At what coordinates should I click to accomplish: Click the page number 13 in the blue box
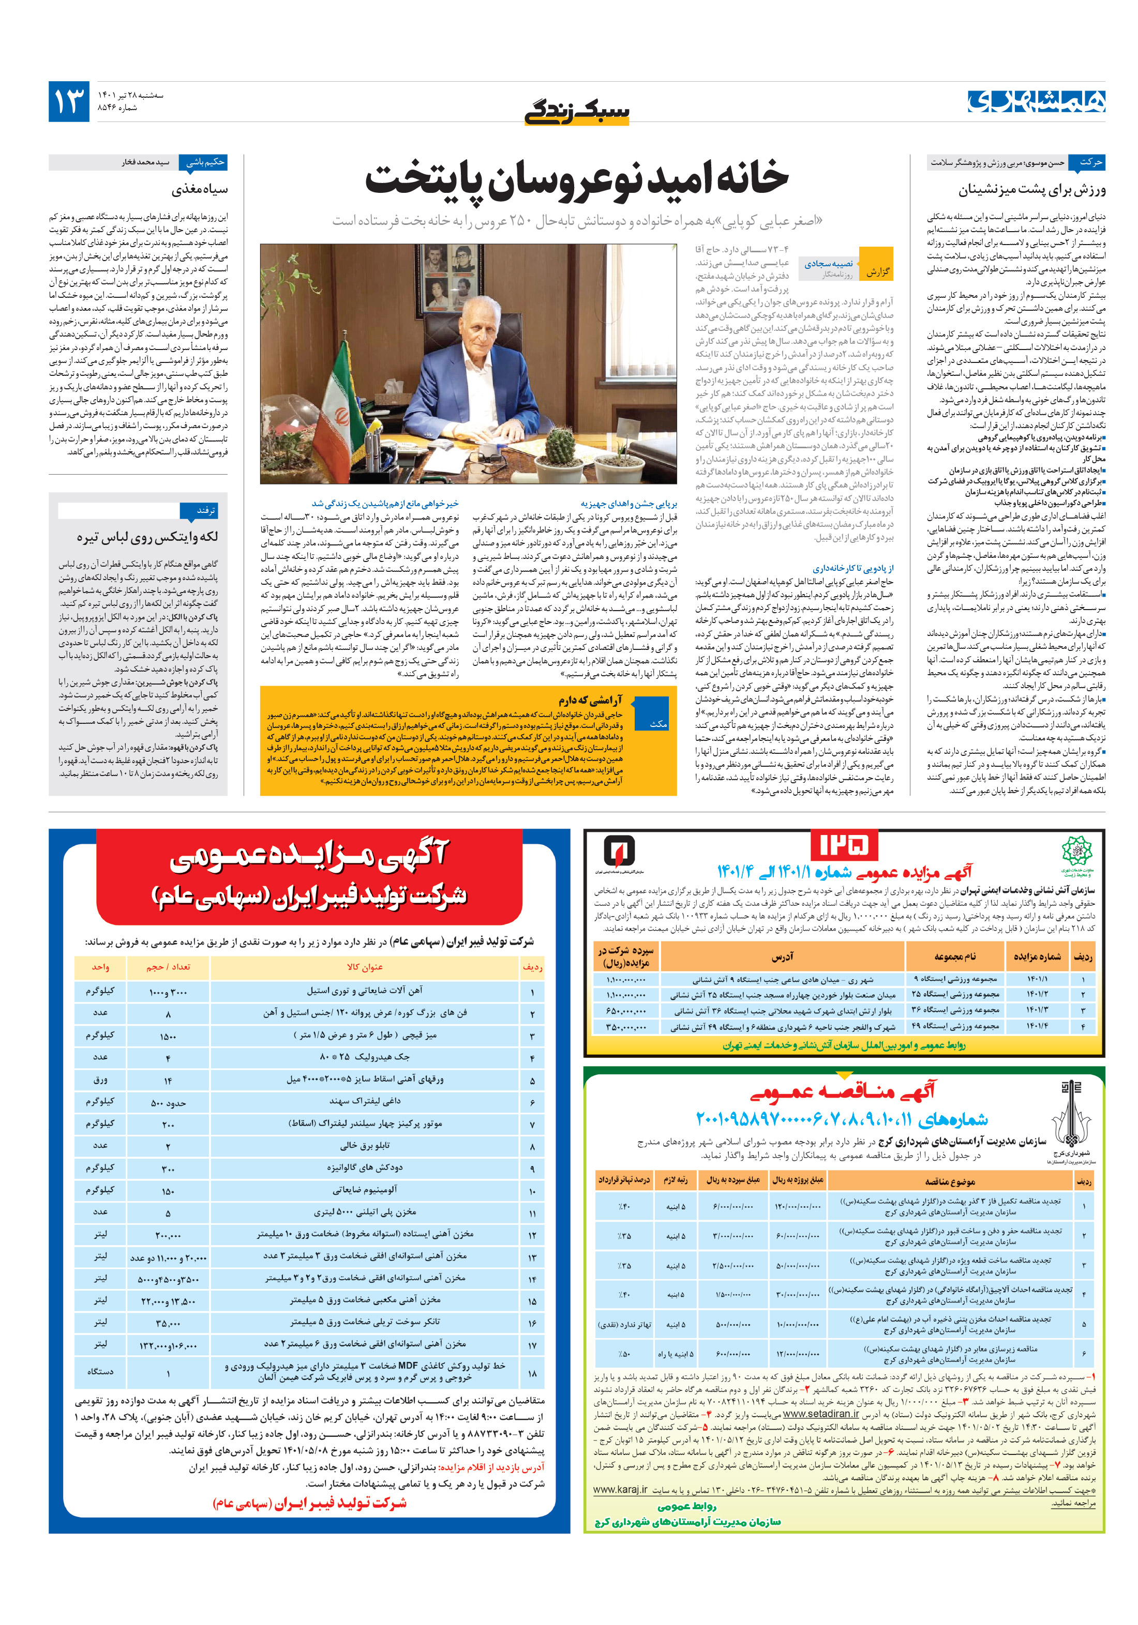coord(69,102)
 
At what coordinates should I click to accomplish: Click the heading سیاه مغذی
coord(199,190)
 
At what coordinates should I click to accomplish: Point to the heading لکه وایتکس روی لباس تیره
coord(147,537)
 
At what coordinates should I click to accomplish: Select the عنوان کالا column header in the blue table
coord(364,967)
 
